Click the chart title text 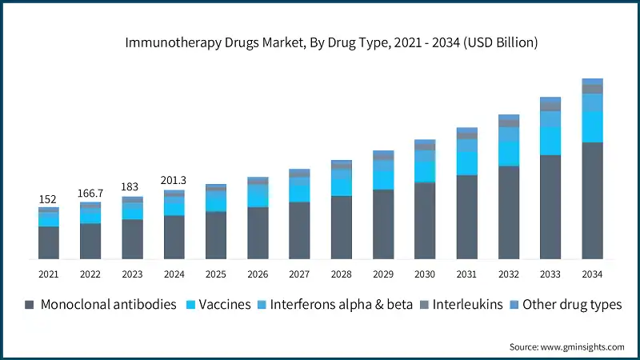click(331, 43)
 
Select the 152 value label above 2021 click(48, 198)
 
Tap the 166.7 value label click(90, 193)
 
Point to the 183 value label click(131, 187)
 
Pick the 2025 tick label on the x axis click(215, 274)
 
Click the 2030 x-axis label click(425, 274)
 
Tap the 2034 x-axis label click(592, 274)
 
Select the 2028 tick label click(341, 274)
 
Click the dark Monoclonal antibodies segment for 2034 click(592, 200)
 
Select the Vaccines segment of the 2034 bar click(592, 126)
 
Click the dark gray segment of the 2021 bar click(48, 242)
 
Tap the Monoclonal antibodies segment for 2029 click(383, 224)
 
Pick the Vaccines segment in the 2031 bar click(466, 162)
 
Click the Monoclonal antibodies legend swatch click(30, 305)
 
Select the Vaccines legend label click(225, 305)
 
